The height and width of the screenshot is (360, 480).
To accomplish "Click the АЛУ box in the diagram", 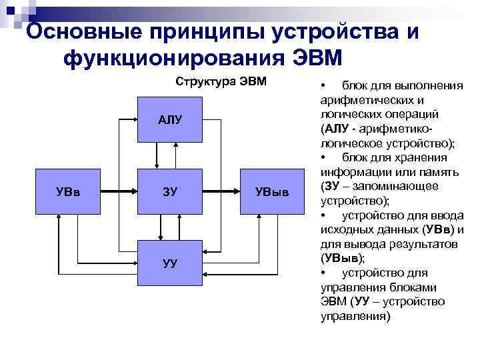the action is coord(169,120).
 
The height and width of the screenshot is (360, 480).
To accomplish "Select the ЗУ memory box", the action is coord(169,193).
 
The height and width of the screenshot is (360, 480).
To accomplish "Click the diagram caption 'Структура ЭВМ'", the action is coord(221,82).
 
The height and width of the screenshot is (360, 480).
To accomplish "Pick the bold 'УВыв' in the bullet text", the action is coord(339,258).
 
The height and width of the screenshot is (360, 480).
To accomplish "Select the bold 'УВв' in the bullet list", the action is coord(437,229).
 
